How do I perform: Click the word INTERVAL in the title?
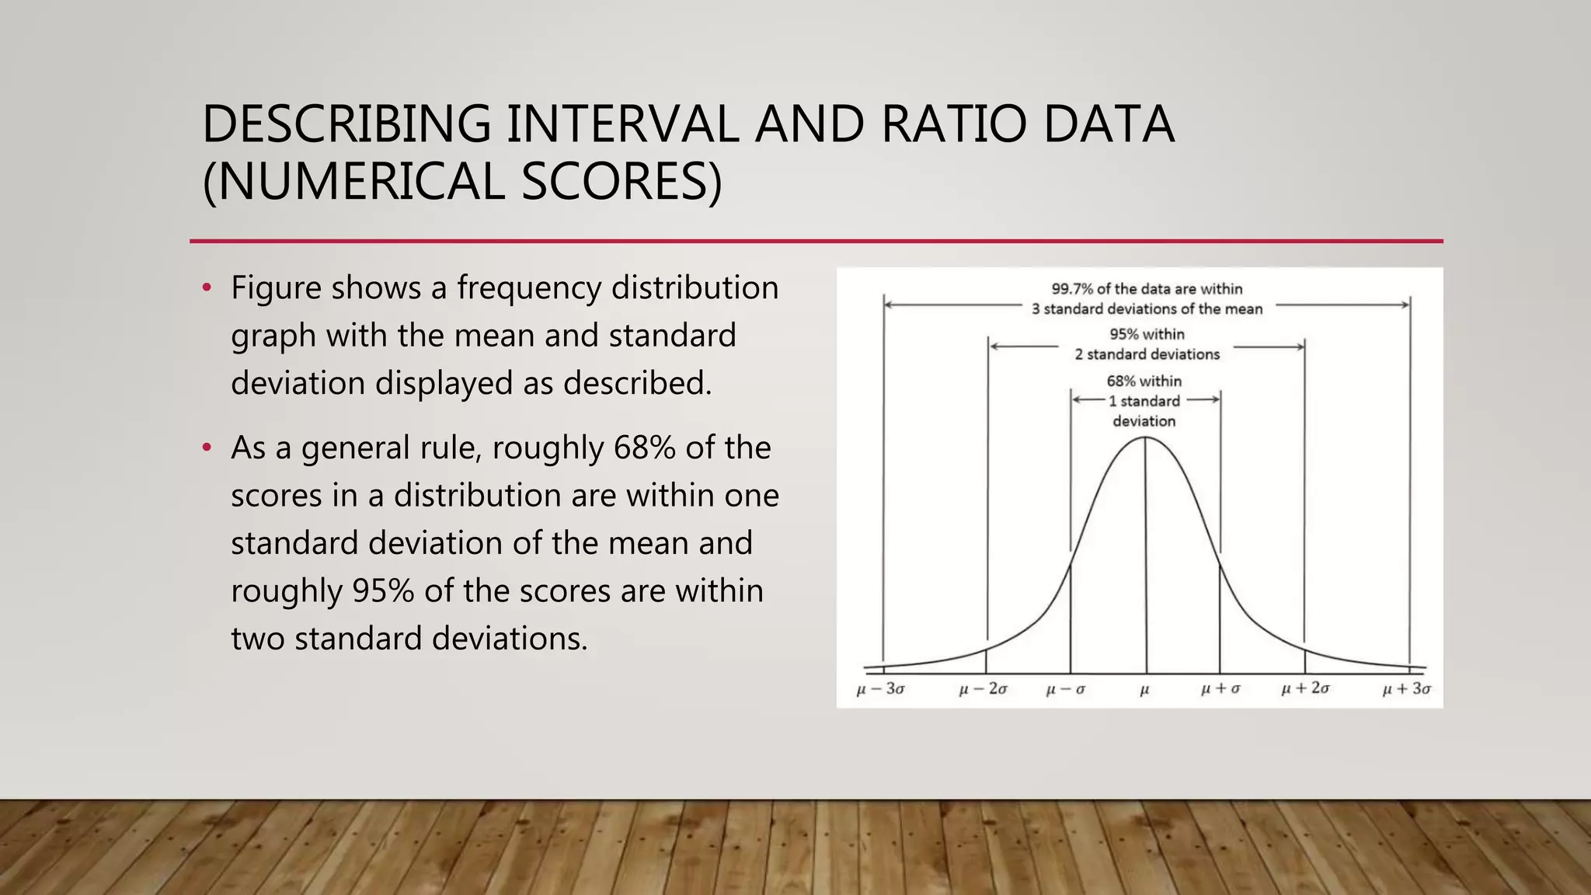622,124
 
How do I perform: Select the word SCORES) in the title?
621,182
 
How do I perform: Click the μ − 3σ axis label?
880,689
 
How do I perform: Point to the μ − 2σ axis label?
983,689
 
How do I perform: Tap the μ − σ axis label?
1066,689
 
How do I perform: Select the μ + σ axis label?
1220,689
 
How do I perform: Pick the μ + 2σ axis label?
1305,689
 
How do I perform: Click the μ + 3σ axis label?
1407,689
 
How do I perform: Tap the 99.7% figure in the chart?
1072,289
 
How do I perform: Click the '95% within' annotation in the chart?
1147,335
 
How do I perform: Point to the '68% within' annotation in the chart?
1144,381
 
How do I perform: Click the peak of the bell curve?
1145,438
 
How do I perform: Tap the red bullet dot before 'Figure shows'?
207,288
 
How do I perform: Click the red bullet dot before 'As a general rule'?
207,448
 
